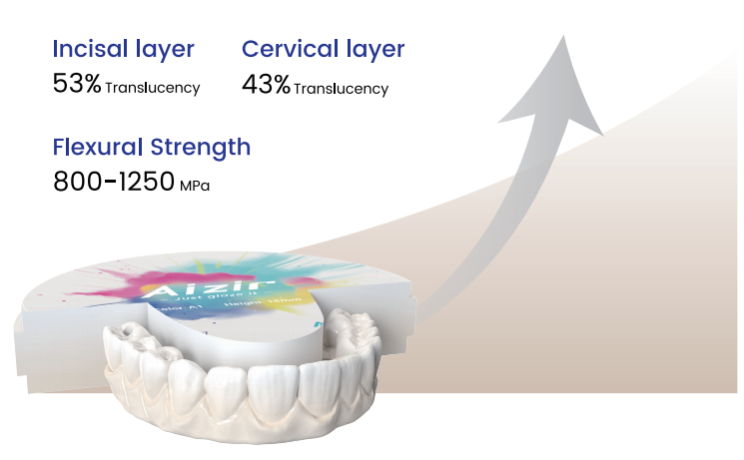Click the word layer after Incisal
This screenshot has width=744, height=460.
163,49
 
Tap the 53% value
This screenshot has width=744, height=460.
76,85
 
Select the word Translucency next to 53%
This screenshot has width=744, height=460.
153,88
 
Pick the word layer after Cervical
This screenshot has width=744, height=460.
373,49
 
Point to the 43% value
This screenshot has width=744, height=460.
265,86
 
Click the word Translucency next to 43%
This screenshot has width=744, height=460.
342,89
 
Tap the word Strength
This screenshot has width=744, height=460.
200,148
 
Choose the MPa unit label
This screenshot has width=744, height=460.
196,187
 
